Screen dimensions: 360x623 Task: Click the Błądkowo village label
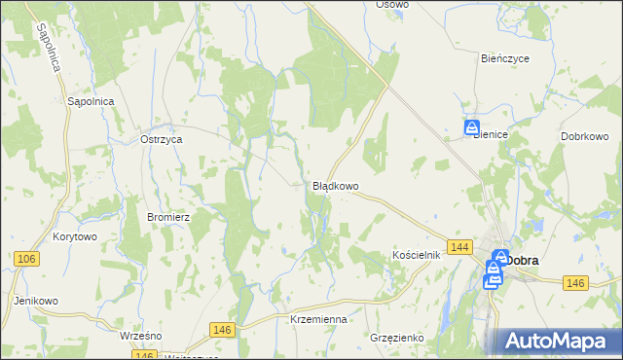pyautogui.click(x=336, y=185)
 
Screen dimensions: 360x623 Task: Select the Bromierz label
pyautogui.click(x=166, y=217)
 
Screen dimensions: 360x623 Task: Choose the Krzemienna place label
pyautogui.click(x=318, y=319)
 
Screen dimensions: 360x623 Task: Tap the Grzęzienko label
pyautogui.click(x=398, y=338)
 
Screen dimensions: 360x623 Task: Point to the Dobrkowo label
pyautogui.click(x=585, y=136)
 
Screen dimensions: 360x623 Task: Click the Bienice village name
pyautogui.click(x=491, y=136)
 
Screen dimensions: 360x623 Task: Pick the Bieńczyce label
pyautogui.click(x=505, y=58)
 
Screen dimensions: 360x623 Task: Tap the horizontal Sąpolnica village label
pyautogui.click(x=92, y=101)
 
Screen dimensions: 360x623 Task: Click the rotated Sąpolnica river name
pyautogui.click(x=49, y=47)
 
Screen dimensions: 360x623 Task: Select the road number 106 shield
pyautogui.click(x=26, y=258)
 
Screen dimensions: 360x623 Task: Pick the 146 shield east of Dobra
pyautogui.click(x=575, y=282)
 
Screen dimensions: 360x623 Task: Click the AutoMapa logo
pyautogui.click(x=558, y=341)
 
